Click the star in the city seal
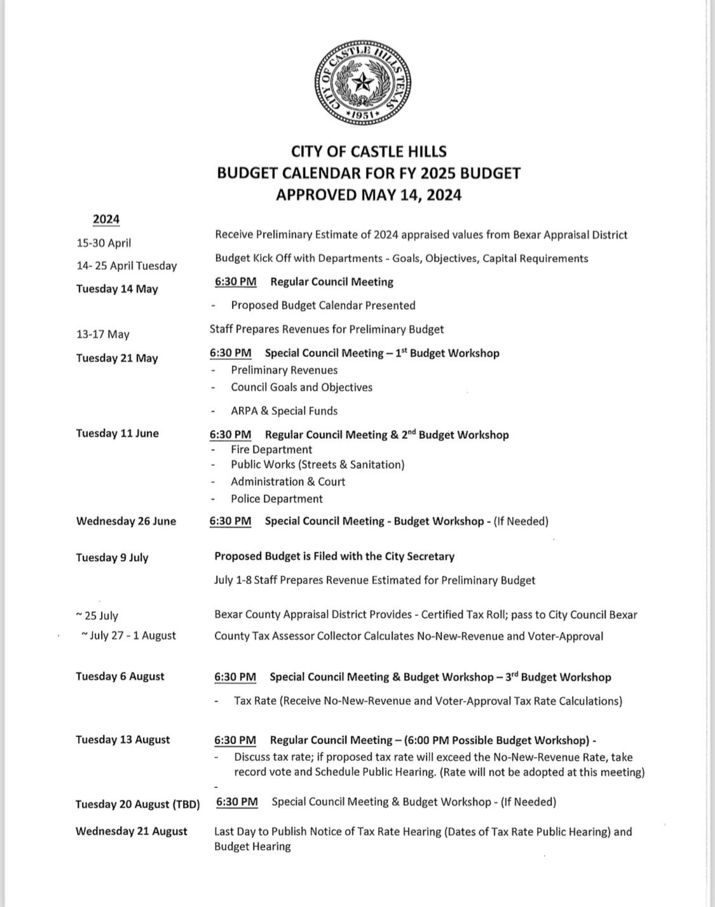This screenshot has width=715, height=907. coord(363,82)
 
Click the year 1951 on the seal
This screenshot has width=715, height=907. coord(363,114)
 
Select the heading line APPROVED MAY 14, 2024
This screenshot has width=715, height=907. coord(369,195)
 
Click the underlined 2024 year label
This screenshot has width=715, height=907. coord(106,219)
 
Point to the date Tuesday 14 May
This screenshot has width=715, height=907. coord(117,289)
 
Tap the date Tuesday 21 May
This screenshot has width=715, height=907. coord(117,358)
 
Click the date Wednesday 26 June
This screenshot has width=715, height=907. coord(126,521)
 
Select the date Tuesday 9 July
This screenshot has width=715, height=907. coord(112,558)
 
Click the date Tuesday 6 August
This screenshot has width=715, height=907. coord(120,676)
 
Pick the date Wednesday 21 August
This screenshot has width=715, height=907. coord(132,831)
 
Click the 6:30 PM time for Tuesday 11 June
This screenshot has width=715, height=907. coord(231,435)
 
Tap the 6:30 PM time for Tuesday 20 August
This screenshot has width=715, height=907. coord(237,802)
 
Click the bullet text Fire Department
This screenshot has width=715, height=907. coord(271,450)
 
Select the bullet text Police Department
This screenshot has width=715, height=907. coord(276,499)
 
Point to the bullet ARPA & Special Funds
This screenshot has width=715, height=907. coord(284,411)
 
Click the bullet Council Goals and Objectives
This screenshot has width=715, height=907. coord(301,387)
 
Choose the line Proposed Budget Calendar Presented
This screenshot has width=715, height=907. coord(323,305)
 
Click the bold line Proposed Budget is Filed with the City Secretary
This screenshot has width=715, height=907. coord(334,557)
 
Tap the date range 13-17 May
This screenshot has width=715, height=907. coord(103,335)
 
